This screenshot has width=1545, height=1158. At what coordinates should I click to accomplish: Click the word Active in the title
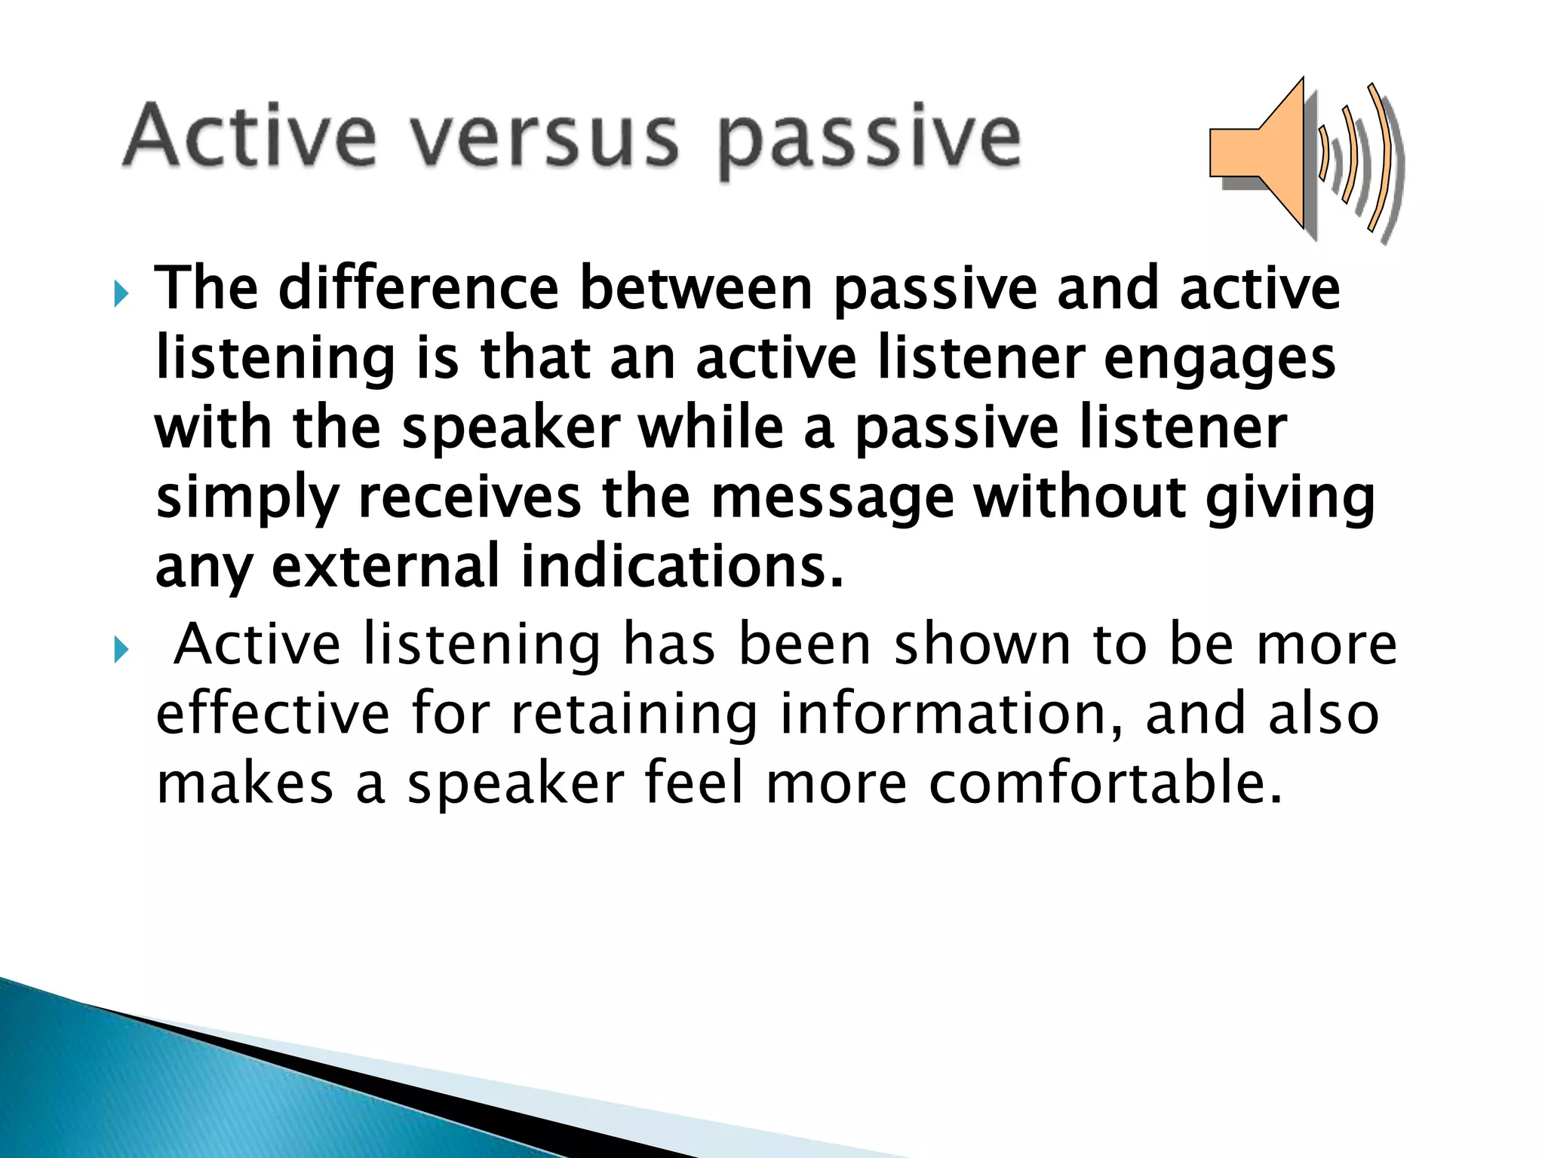[x=250, y=136]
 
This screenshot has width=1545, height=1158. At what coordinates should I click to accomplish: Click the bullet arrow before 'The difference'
[x=121, y=294]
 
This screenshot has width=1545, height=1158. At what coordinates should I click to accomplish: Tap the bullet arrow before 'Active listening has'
[x=121, y=649]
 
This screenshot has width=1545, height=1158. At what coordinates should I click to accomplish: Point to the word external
[x=385, y=566]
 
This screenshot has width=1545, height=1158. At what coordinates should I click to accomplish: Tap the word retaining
[x=634, y=715]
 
